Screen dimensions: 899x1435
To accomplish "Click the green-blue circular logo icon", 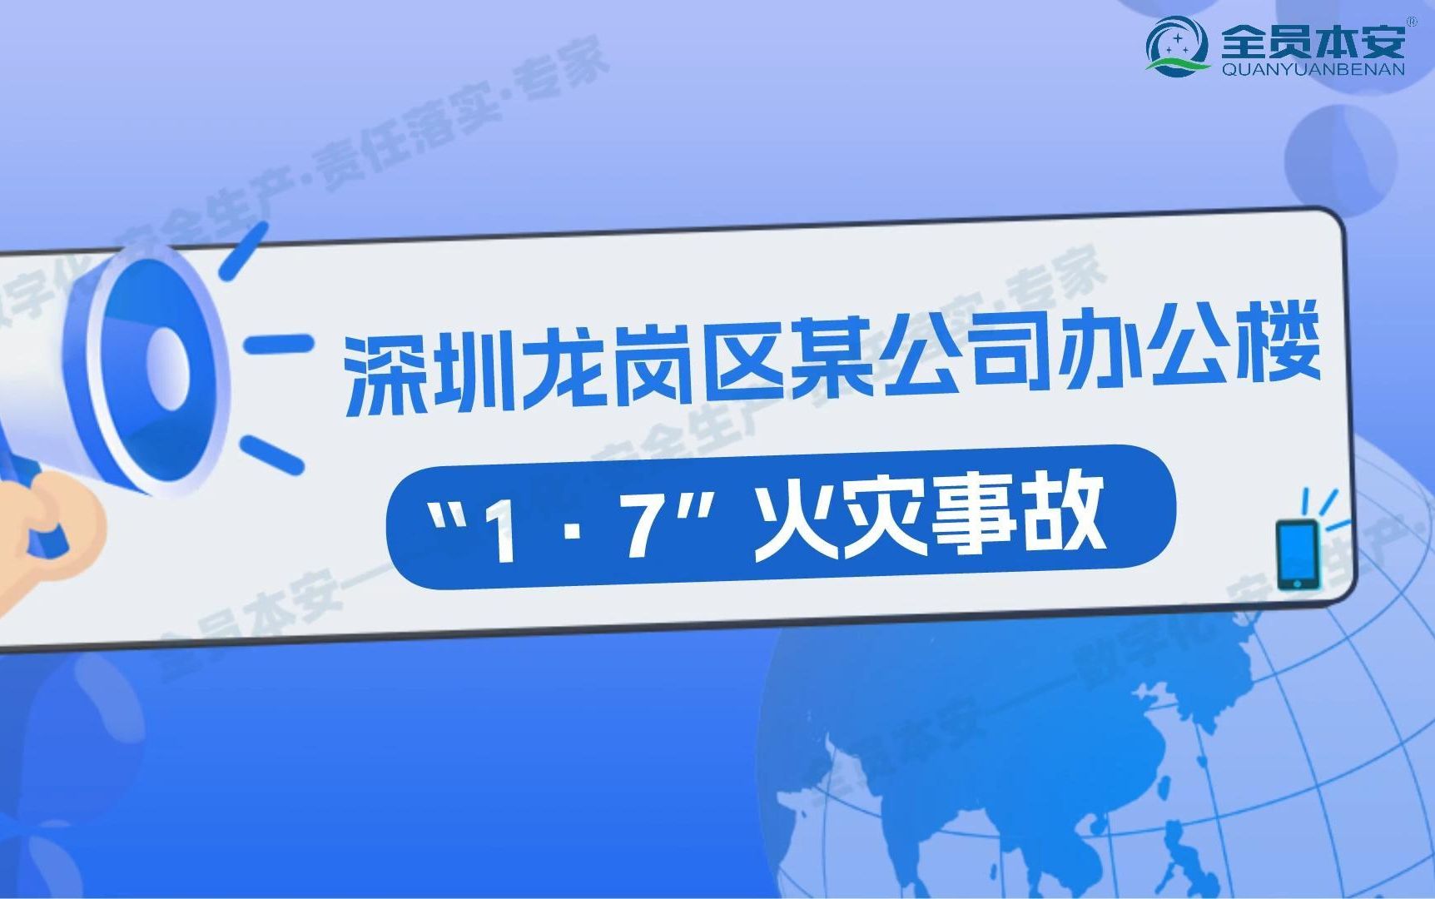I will [x=1178, y=46].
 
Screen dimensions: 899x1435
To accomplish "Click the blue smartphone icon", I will [x=1296, y=554].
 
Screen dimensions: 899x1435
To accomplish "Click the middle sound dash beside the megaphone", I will [x=278, y=343].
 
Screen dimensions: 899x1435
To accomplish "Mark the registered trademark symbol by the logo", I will [x=1412, y=21].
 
